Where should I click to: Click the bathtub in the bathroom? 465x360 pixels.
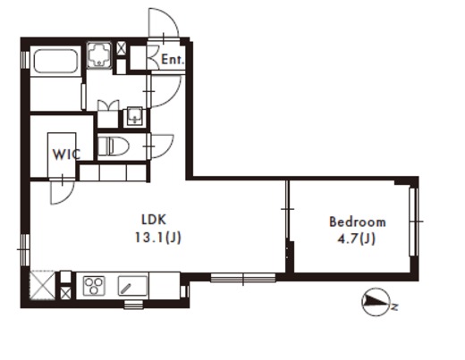(55, 61)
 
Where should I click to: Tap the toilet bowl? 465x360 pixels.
(113, 146)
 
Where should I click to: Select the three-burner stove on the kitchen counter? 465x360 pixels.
(94, 286)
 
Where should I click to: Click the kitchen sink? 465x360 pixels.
(132, 286)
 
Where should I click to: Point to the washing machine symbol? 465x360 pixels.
(99, 54)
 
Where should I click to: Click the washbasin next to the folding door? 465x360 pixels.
(135, 116)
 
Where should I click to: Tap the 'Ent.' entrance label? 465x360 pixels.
(173, 60)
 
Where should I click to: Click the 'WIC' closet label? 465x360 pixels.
(66, 155)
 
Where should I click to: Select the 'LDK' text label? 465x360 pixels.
(154, 220)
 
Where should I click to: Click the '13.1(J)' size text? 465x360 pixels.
(158, 238)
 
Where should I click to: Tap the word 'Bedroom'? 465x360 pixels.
(358, 222)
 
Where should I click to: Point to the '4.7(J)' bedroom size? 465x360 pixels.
(356, 239)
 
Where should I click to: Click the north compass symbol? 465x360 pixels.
(377, 302)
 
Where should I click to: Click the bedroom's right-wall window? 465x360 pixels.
(413, 222)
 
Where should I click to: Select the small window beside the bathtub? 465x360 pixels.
(25, 60)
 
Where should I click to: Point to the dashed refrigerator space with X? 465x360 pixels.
(43, 286)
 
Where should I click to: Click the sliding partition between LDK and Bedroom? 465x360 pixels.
(287, 209)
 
